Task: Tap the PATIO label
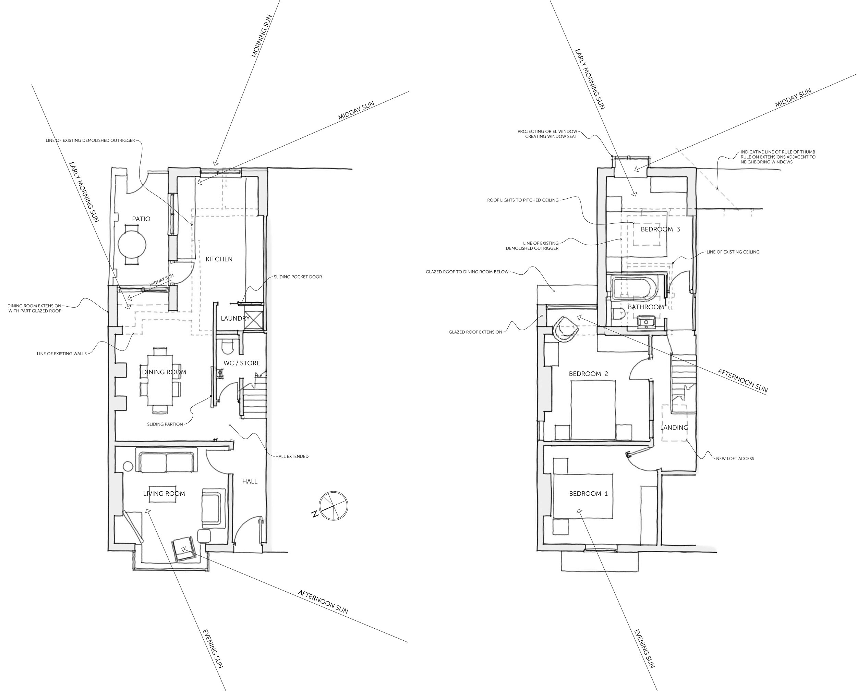[x=141, y=219]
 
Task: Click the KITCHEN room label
[x=219, y=259]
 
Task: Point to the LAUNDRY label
[x=236, y=318]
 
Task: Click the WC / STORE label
[x=242, y=363]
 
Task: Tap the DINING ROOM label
[x=164, y=372]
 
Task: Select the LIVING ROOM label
[x=164, y=494]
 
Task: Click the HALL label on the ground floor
[x=250, y=481]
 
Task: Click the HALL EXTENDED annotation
[x=292, y=457]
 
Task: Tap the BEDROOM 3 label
[x=660, y=229]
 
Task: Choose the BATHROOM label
[x=646, y=307]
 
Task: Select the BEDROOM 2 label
[x=588, y=374]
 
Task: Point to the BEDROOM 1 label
[x=588, y=494]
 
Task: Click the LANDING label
[x=674, y=428]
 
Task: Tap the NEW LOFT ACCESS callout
[x=735, y=458]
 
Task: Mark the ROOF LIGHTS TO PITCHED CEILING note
[x=523, y=200]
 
